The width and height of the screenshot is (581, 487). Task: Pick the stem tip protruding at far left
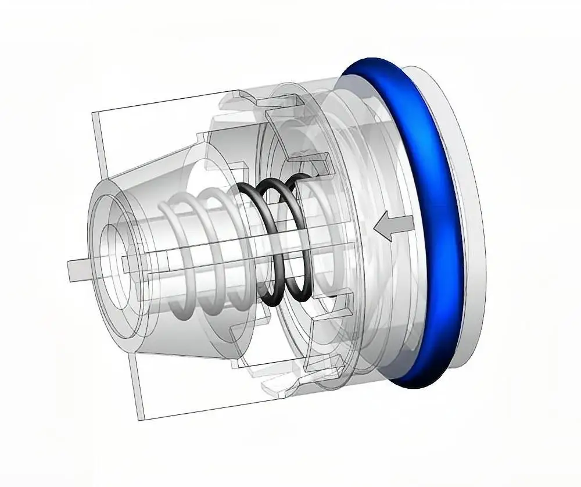(x=74, y=270)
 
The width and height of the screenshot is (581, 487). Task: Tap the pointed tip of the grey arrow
(x=376, y=227)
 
